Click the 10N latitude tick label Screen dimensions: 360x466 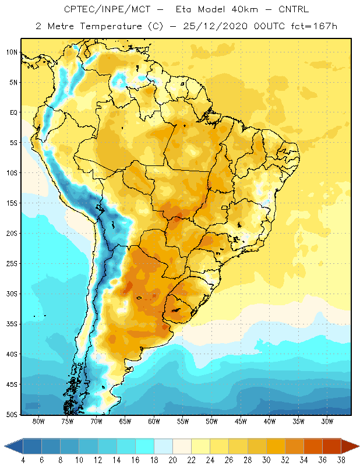(12, 52)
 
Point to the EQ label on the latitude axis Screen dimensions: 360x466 (13, 112)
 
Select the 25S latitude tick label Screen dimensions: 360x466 (12, 264)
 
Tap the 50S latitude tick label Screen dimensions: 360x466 (12, 415)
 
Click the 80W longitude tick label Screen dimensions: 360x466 (38, 421)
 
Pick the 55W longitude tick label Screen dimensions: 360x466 (183, 421)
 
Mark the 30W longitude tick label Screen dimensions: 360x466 (327, 421)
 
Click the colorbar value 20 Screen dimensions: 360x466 (172, 460)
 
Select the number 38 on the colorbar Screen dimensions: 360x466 (341, 460)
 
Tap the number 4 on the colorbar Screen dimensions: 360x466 (23, 460)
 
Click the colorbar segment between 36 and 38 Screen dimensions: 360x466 (331, 446)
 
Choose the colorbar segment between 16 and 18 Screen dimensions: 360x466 (145, 446)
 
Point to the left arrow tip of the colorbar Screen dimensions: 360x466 (4, 446)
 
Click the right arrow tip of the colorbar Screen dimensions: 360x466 (359, 446)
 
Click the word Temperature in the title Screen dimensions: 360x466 (111, 26)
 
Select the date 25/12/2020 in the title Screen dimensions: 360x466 (215, 26)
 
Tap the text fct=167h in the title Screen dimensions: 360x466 (314, 26)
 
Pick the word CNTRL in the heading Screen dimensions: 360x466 (294, 9)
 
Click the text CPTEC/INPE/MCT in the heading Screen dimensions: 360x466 (107, 9)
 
